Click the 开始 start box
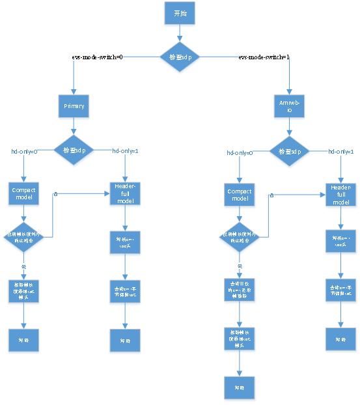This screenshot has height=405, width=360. coord(180,14)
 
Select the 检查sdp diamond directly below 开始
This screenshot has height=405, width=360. coord(180,57)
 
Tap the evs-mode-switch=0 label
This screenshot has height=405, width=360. coord(98,57)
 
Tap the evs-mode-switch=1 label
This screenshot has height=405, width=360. coord(264,57)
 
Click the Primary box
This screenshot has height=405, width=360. coord(74,105)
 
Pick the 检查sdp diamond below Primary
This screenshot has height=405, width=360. coord(74,151)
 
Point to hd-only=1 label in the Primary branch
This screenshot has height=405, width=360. coord(126,151)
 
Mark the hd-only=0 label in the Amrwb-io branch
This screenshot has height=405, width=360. coord(240,152)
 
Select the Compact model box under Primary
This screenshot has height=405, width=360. coord(23,193)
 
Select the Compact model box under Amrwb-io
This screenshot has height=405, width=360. coord(239,194)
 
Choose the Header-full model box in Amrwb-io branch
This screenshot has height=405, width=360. coord(340,194)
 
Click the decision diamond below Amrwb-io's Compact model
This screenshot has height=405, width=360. coord(239,237)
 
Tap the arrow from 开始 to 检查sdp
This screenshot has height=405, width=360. coord(180,33)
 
